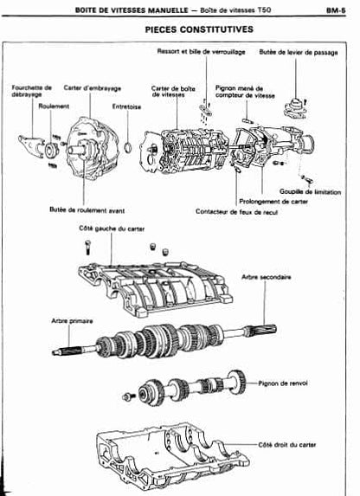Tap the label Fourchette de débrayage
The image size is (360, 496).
click(31, 91)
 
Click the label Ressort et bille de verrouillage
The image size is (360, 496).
click(201, 51)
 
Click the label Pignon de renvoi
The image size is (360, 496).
click(285, 381)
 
